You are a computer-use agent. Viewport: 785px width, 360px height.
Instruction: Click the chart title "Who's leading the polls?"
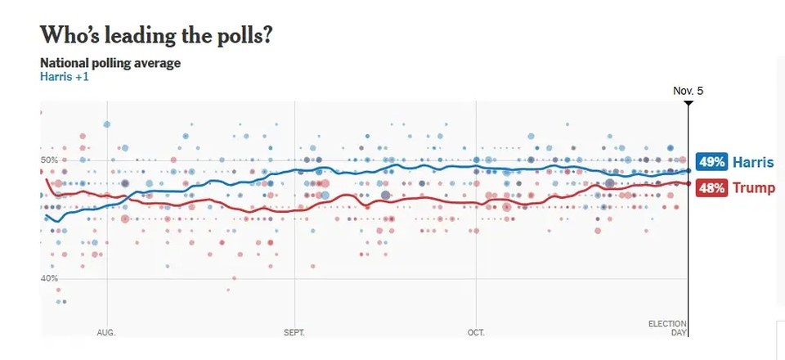[155, 35]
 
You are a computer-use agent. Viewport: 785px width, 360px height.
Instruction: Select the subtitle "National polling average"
[110, 63]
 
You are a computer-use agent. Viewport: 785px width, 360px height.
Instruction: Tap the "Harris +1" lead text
[64, 77]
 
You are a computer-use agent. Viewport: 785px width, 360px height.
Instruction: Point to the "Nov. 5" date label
[688, 90]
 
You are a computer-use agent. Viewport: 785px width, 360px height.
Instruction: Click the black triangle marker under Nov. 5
[688, 103]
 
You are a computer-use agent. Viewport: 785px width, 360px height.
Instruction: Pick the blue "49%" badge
[711, 162]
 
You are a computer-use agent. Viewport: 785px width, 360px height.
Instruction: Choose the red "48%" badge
[711, 188]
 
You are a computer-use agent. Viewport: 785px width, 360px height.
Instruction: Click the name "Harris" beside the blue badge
[752, 162]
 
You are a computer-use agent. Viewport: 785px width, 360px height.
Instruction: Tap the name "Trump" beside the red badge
[753, 188]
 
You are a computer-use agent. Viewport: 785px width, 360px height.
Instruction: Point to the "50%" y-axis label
[49, 160]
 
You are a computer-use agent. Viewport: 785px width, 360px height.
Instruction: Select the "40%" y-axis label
[49, 278]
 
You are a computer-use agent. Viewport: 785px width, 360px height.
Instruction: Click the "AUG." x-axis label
[106, 333]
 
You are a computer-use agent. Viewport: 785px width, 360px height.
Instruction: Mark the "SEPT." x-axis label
[294, 333]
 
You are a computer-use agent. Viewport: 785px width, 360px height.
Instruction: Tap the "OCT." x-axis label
[476, 333]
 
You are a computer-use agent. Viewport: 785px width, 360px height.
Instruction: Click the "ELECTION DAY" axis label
[667, 328]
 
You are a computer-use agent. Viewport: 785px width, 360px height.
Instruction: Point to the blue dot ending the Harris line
[688, 171]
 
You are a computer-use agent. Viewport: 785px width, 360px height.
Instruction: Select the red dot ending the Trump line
[688, 183]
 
